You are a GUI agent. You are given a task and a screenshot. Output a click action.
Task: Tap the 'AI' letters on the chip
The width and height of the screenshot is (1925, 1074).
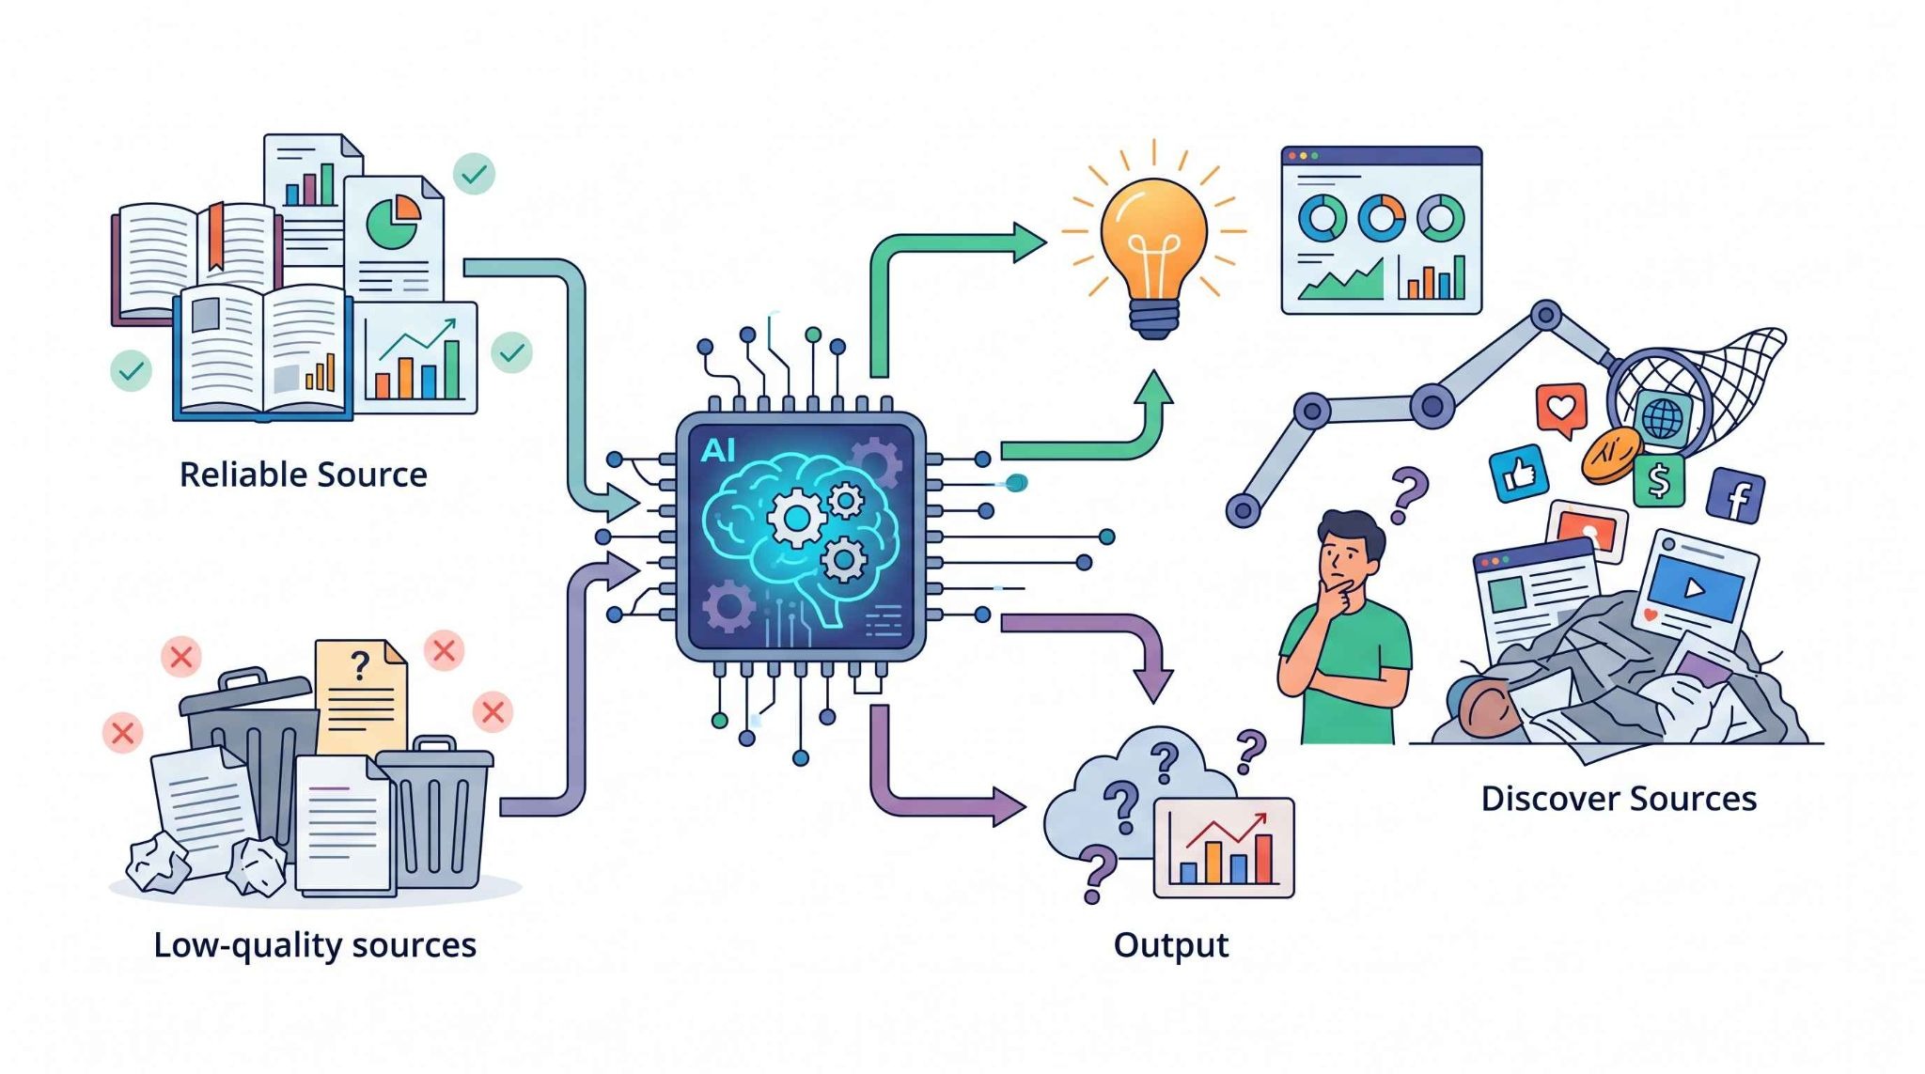pos(718,451)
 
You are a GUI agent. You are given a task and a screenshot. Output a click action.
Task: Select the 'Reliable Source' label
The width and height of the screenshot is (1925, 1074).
pos(304,475)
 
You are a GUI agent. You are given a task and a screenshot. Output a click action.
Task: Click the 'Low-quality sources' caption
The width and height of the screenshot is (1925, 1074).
pos(315,945)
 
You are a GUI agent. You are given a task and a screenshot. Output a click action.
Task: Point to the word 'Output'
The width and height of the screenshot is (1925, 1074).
pos(1171,945)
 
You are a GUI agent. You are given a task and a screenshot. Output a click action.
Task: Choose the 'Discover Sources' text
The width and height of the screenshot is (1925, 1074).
pos(1619,799)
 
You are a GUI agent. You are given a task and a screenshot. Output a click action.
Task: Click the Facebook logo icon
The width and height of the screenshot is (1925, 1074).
pos(1735,494)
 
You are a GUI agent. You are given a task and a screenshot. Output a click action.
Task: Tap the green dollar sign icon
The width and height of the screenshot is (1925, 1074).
pos(1658,480)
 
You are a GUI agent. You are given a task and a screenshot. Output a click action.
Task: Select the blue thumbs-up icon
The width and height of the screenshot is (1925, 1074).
pos(1519,473)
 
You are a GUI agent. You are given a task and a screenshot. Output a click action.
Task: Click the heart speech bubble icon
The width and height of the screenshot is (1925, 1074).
pos(1561,409)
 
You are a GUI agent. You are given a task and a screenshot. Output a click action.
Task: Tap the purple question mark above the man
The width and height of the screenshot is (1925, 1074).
pos(1407,495)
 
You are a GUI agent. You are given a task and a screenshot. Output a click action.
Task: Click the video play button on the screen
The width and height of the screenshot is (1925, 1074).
pos(1694,588)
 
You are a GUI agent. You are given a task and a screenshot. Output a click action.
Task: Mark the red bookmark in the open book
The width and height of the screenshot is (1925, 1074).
pos(216,235)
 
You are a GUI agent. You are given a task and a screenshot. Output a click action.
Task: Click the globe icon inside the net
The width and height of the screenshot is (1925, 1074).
pos(1662,417)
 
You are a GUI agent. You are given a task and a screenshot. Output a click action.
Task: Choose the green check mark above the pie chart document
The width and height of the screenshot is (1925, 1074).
pos(474,174)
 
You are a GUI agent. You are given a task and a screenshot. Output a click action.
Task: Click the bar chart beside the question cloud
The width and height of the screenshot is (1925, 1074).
pos(1223,848)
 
